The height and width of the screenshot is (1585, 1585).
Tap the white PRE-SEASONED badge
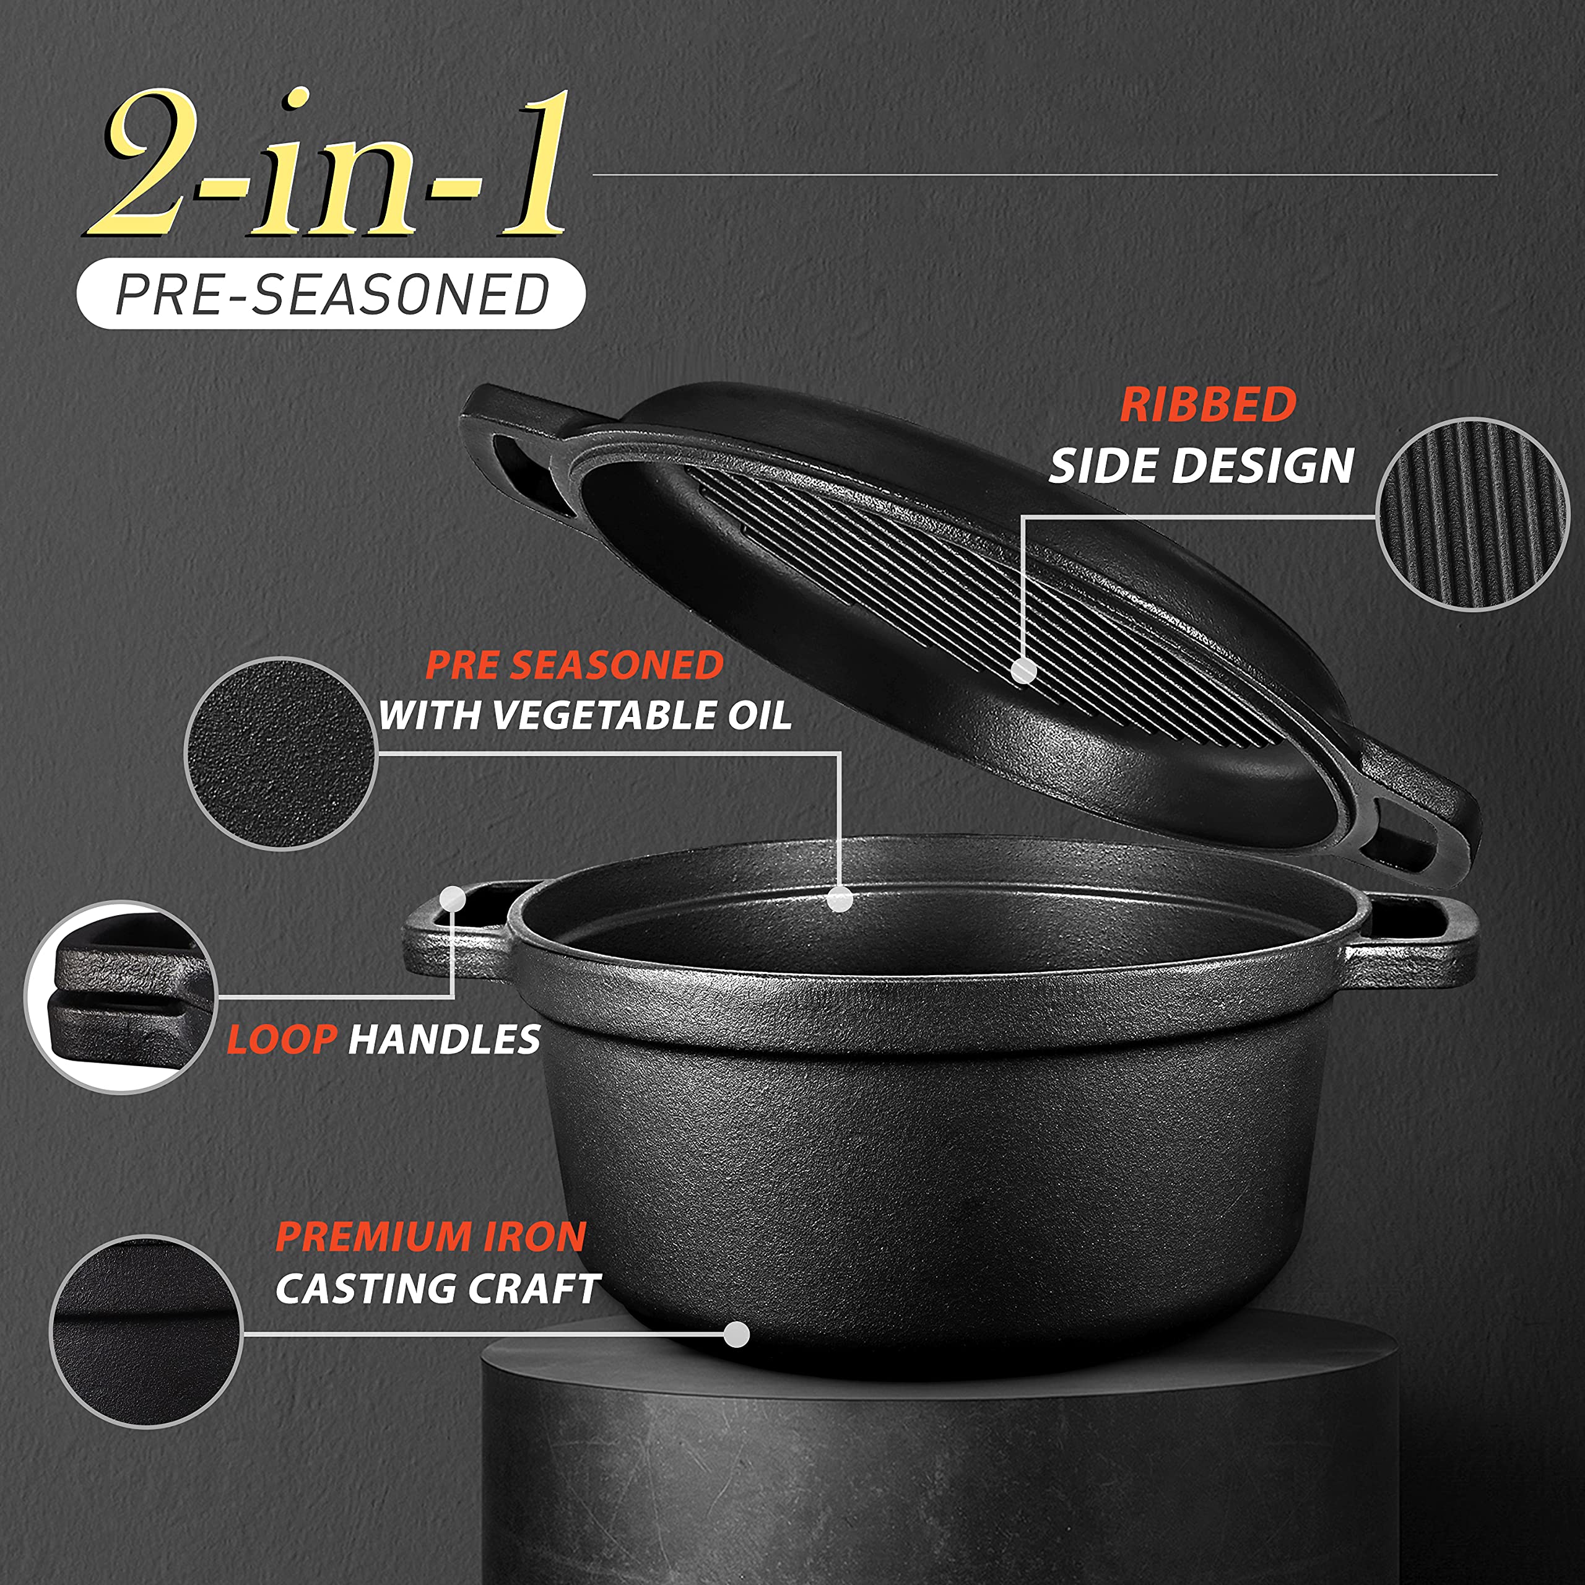[x=331, y=293]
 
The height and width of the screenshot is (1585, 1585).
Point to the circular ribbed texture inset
[x=1472, y=515]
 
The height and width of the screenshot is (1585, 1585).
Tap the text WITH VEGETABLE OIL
[x=584, y=715]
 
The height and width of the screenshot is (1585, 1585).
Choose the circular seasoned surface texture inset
[x=280, y=753]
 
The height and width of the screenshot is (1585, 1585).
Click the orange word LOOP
[x=281, y=1040]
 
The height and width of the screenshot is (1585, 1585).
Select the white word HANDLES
[x=444, y=1040]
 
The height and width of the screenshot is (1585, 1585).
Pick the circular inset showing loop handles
[x=121, y=997]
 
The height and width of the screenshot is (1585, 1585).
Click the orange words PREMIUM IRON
[x=431, y=1237]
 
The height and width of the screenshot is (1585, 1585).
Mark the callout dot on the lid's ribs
[x=1022, y=671]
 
